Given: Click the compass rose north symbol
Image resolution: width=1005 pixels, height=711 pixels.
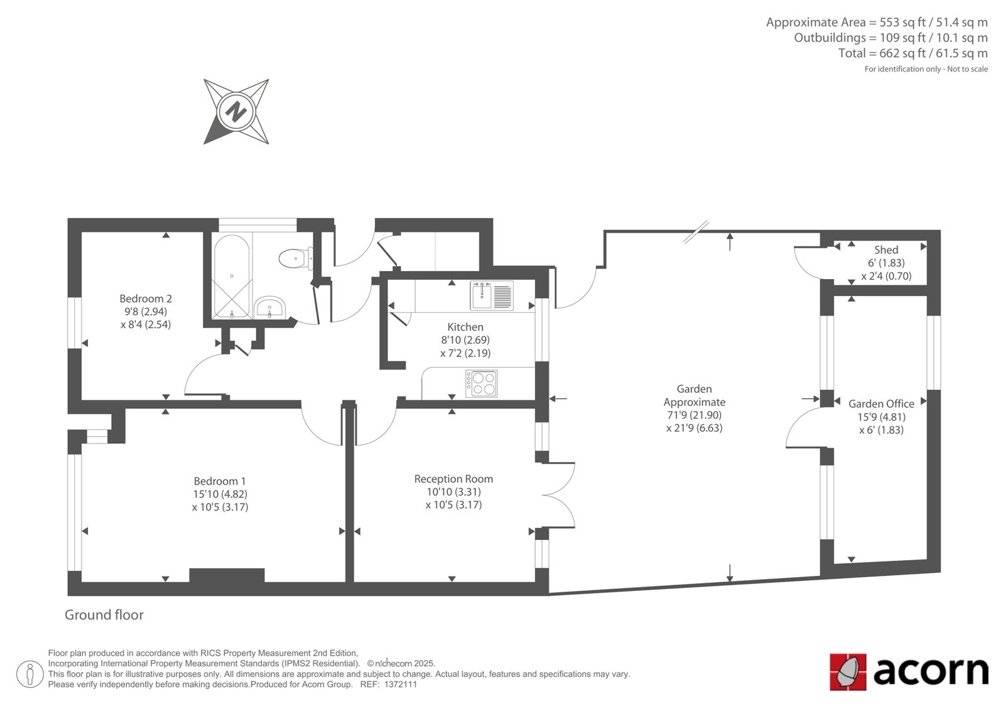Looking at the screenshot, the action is click(x=236, y=111).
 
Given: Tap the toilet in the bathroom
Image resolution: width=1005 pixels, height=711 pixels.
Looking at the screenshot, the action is click(x=296, y=258).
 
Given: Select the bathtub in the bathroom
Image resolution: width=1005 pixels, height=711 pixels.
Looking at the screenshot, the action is click(x=232, y=276).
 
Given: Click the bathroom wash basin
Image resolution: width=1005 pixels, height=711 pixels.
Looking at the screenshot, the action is click(x=269, y=307).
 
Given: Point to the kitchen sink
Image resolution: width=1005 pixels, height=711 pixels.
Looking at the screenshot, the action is click(x=492, y=295).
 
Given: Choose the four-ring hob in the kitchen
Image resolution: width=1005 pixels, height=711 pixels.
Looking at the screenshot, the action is click(x=481, y=383).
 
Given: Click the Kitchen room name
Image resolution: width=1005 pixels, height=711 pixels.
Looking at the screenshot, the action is click(x=465, y=326).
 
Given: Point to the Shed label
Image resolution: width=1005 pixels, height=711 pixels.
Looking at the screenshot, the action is click(x=886, y=250).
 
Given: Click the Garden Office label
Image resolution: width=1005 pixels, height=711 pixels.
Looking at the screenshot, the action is click(x=881, y=404).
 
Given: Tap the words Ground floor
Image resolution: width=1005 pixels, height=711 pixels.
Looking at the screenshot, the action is click(x=104, y=614).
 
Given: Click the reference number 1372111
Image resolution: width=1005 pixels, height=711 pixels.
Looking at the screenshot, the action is click(x=401, y=685).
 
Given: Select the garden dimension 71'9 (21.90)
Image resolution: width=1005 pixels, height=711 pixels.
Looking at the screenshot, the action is click(x=694, y=414).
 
